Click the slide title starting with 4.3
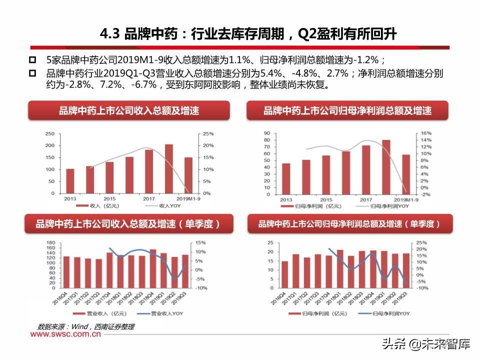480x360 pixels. point(248,34)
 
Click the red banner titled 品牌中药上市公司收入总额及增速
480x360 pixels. point(128,110)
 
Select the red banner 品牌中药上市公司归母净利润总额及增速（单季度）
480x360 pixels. point(349,224)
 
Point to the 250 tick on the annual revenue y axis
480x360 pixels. point(50,134)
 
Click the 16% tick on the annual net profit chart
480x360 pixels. point(425,133)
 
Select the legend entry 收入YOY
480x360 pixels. point(162,205)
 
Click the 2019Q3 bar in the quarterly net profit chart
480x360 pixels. point(406,270)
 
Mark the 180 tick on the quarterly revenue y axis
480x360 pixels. point(50,242)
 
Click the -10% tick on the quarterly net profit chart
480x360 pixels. point(422,288)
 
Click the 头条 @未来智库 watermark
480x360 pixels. point(426,344)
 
